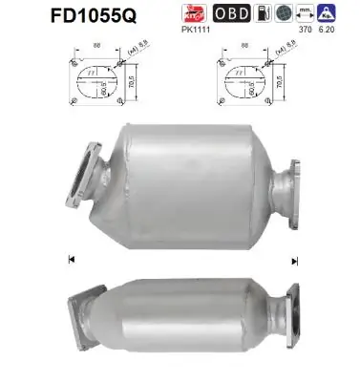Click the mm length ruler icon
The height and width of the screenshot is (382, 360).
[309, 13]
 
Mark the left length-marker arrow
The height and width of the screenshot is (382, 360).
[73, 259]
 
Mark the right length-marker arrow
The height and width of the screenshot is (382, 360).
[295, 259]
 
